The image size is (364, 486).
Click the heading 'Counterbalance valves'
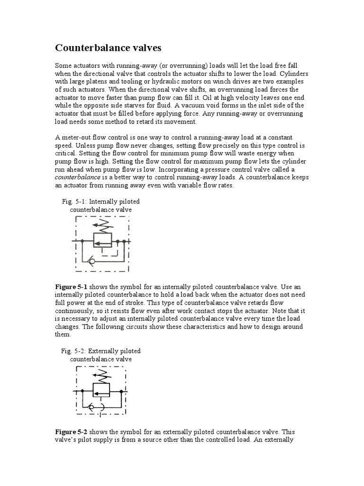(109, 47)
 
